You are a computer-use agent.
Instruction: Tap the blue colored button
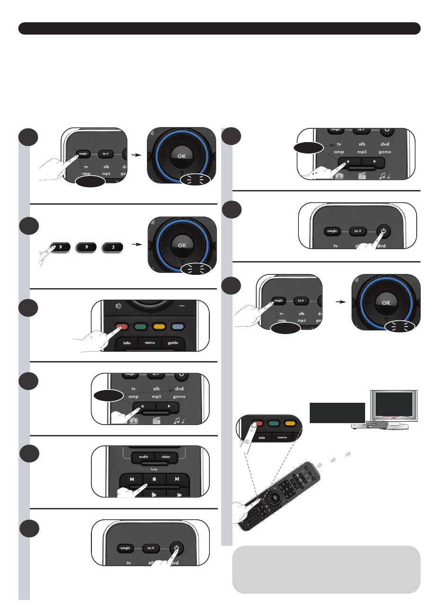click(177, 326)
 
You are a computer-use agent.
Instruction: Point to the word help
click(154, 469)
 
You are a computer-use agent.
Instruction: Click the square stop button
click(154, 479)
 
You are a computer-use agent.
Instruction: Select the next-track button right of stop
click(176, 479)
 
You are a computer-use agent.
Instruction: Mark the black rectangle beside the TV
click(337, 413)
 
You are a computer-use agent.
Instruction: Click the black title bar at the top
click(219, 28)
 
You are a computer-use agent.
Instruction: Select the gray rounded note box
click(326, 569)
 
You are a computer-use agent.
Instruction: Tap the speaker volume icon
click(118, 306)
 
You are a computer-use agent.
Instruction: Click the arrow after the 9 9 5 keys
click(136, 245)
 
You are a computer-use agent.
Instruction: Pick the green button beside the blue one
click(139, 326)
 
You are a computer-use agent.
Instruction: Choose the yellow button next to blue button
click(158, 326)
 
